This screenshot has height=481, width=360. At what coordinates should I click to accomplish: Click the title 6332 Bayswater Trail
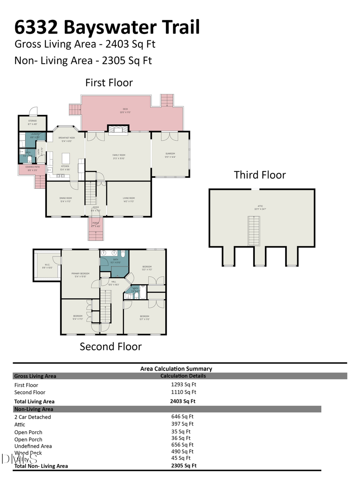coord(107,27)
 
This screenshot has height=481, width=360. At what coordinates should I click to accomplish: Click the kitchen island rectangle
coord(66,156)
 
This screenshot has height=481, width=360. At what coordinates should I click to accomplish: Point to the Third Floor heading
coord(260,175)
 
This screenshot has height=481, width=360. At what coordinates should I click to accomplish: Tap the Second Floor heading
coord(110,346)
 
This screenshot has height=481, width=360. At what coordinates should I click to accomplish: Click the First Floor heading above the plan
coord(109,83)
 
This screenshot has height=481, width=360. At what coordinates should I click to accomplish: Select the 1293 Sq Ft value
coord(184,385)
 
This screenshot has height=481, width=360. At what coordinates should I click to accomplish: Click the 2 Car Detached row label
coord(32,417)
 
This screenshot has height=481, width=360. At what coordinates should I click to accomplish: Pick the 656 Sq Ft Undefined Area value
coord(182,445)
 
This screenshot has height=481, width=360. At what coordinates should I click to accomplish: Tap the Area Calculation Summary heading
coord(176,369)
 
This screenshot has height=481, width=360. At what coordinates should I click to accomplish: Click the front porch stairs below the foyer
coord(96,232)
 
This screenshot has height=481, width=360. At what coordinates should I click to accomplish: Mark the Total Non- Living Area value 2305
coord(184,465)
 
